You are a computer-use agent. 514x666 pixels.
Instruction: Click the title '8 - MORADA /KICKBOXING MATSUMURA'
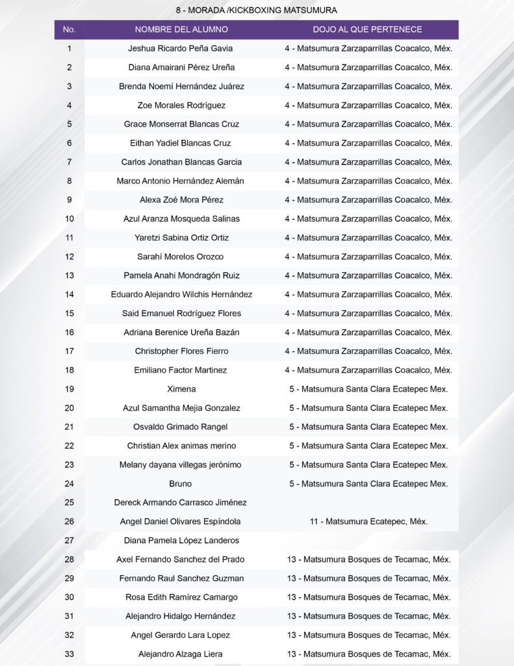click(257, 10)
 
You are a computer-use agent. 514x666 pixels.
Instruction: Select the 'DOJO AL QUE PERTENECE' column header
click(367, 29)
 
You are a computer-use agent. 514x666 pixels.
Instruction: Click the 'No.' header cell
click(70, 29)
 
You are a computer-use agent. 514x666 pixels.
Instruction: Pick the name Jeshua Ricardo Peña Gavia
click(181, 48)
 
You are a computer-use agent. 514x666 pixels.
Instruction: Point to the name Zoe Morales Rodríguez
click(181, 105)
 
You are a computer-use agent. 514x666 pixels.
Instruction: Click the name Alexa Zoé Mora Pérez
click(181, 200)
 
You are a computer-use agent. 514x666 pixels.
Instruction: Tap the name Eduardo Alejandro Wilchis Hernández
click(181, 294)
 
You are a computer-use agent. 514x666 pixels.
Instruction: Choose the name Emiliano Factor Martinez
click(181, 370)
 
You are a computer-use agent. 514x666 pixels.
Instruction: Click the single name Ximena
click(181, 389)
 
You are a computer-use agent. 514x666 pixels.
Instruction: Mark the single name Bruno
click(181, 483)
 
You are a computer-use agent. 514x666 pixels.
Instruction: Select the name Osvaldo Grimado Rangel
click(181, 427)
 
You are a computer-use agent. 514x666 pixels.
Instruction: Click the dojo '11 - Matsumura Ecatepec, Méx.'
click(368, 521)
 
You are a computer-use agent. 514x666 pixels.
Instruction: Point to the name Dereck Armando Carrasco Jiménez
click(181, 502)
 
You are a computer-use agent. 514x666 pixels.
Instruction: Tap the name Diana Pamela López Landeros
click(181, 540)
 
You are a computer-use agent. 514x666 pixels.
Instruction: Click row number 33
click(70, 654)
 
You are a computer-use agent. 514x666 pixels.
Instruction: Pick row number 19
click(70, 389)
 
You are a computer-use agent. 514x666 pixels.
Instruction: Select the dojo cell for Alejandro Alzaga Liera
click(368, 654)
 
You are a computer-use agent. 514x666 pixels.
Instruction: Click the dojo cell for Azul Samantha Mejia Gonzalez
click(368, 408)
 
